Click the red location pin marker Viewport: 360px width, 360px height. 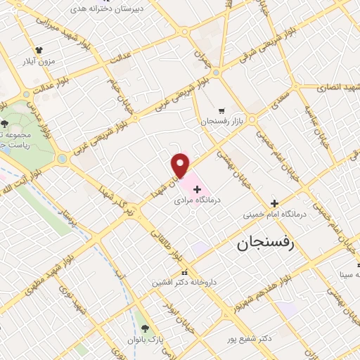181,165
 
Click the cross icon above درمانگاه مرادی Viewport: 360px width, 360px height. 197,189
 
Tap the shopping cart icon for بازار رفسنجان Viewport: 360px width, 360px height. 222,110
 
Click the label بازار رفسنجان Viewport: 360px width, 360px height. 223,122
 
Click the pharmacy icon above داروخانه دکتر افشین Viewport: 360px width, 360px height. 184,273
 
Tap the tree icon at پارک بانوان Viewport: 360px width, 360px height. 146,328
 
